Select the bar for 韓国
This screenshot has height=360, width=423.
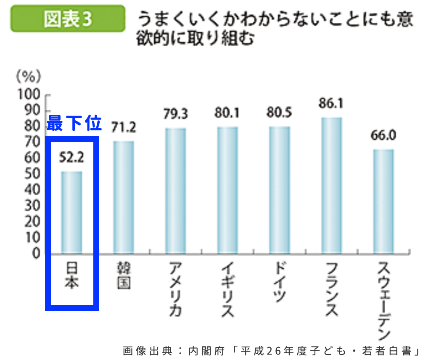124,197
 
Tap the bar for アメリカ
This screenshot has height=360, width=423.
175,191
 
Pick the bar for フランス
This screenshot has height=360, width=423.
332,185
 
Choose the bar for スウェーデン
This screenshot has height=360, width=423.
383,201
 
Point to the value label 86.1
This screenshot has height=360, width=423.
331,103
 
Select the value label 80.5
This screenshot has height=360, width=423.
279,113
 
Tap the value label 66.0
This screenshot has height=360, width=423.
383,136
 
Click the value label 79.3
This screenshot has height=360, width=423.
175,114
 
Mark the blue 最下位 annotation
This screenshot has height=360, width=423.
74,123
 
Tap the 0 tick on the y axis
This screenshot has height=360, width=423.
37,254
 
